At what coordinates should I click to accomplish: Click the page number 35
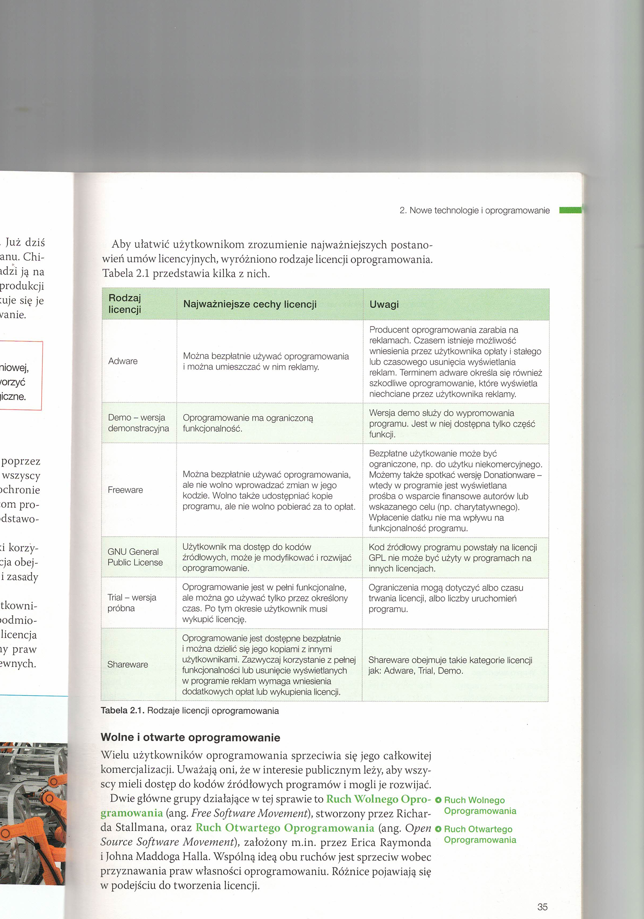542,907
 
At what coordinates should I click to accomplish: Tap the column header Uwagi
384,304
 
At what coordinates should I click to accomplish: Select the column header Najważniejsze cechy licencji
250,304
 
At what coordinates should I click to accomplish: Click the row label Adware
123,361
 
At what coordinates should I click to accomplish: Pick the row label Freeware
125,490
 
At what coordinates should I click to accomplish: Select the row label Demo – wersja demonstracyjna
138,423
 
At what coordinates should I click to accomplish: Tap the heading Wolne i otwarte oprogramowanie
191,737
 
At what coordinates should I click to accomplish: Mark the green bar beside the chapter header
570,210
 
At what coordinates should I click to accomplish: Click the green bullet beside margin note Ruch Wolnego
438,800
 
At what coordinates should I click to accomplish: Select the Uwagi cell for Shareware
450,665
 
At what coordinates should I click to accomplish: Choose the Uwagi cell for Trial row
445,598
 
